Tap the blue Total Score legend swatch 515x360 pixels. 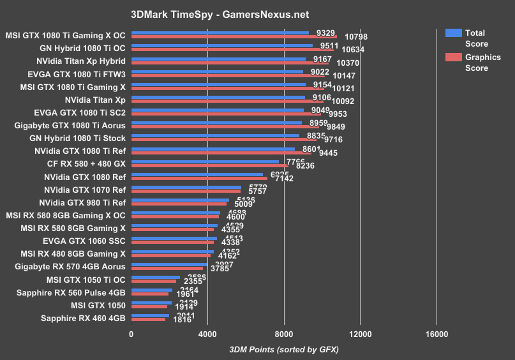tap(453, 33)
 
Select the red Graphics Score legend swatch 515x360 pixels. tap(453, 57)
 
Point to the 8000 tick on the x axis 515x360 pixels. tap(284, 333)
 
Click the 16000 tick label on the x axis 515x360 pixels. tap(436, 333)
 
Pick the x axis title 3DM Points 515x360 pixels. tap(284, 349)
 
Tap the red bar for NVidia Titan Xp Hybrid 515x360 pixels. tap(230, 63)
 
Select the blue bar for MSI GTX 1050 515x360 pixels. tap(151, 303)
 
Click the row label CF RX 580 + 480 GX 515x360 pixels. tap(82, 164)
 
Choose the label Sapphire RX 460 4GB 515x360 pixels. tap(83, 318)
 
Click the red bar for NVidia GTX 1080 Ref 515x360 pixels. tap(199, 178)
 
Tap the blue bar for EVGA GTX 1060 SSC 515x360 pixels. tap(174, 239)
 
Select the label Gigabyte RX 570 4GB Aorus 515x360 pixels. tap(70, 266)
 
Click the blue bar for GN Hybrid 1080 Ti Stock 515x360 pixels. tap(215, 135)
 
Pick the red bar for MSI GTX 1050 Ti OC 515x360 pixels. tap(154, 281)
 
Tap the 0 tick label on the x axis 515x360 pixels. tap(131, 333)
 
